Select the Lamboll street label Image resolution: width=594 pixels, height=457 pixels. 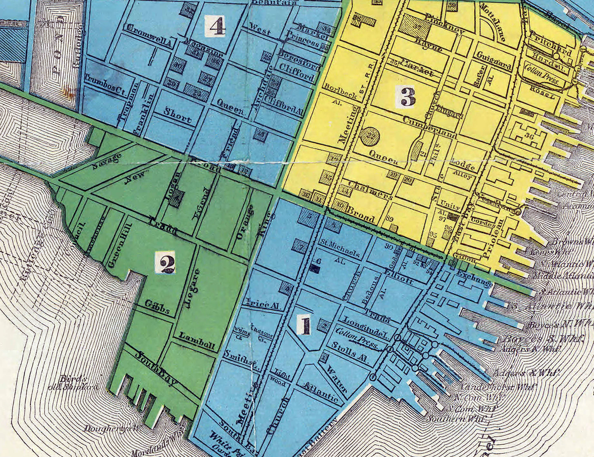pos(197,341)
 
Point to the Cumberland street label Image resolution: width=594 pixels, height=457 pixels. pos(430,128)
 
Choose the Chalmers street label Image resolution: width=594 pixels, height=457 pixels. pos(371,190)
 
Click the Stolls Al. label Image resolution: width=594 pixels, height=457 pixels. pos(350,352)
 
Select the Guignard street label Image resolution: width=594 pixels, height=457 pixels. pos(494,61)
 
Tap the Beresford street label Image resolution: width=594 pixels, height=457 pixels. pos(299,59)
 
